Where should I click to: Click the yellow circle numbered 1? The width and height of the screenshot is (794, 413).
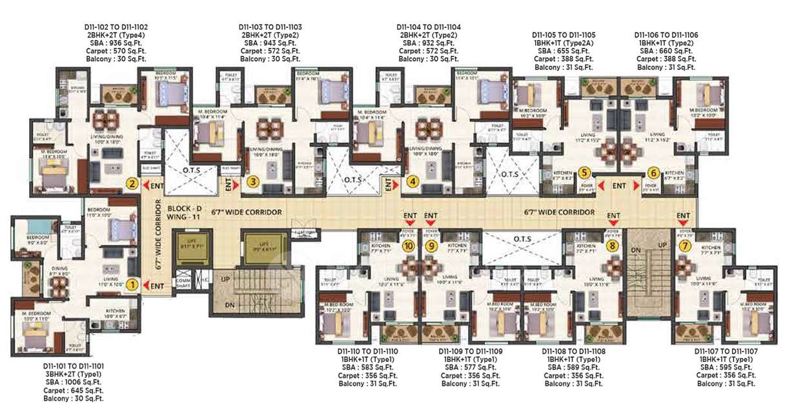[x=132, y=283]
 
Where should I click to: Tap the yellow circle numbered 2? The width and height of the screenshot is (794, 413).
[x=132, y=184]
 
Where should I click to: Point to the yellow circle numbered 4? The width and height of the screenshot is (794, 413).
[x=413, y=183]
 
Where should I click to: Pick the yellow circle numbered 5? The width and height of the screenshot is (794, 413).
[x=584, y=173]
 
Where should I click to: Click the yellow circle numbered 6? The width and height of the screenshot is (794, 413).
[x=653, y=173]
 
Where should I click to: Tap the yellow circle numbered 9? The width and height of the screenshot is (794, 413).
[x=433, y=245]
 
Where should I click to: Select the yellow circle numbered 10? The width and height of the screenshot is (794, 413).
[x=408, y=245]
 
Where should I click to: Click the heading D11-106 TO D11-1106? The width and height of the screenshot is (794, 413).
[x=666, y=35]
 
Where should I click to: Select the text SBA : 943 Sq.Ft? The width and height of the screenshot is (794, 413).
[x=270, y=43]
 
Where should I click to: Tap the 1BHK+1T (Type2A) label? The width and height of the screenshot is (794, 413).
[x=564, y=43]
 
